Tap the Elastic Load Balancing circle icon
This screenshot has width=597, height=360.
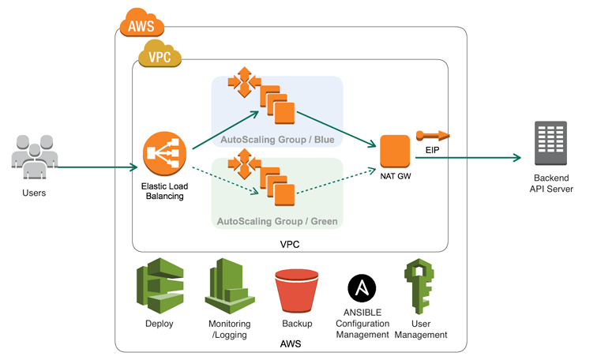[x=163, y=154]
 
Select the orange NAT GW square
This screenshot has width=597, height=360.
[x=395, y=151]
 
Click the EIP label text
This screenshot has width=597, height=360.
[x=432, y=149]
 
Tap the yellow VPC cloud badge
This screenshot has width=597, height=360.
[x=160, y=56]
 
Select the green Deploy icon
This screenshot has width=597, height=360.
[x=160, y=288]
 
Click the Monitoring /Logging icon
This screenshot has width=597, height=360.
[x=229, y=288]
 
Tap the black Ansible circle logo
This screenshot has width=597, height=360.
[x=362, y=289]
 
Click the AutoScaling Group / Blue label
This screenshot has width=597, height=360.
[x=276, y=140]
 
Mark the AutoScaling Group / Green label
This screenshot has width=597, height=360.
[x=277, y=222]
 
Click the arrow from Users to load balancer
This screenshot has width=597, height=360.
[x=95, y=167]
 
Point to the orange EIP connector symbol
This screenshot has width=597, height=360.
[x=433, y=134]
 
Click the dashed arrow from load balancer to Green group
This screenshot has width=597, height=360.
[x=225, y=178]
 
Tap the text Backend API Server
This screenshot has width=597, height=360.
[x=551, y=183]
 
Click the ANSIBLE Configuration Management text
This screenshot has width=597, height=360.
[x=362, y=324]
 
